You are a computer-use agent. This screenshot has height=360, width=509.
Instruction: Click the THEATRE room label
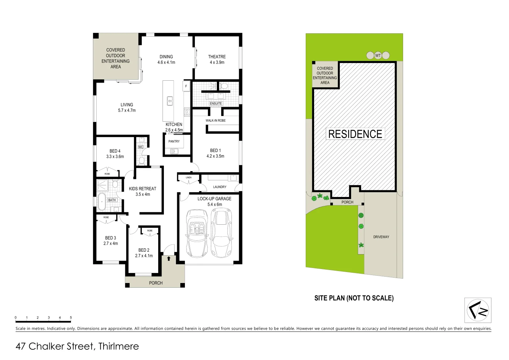tap(217, 57)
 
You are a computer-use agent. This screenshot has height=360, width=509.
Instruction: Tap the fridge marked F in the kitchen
tap(186, 86)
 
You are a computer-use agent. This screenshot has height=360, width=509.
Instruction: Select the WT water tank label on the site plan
tap(378, 56)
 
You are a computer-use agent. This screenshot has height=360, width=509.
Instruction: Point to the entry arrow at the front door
tap(169, 258)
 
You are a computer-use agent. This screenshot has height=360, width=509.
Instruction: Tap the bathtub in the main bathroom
tap(102, 202)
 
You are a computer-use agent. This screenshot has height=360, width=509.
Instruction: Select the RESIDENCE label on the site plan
tap(355, 134)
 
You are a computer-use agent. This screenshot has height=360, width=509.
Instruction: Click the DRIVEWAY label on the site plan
tap(381, 237)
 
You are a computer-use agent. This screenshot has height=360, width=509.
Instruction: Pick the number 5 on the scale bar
tap(71, 318)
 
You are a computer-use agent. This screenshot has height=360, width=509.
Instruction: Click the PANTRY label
tap(174, 141)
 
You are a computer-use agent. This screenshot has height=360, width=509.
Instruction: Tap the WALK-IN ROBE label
tap(216, 121)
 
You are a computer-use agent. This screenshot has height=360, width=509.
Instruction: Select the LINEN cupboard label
tap(189, 178)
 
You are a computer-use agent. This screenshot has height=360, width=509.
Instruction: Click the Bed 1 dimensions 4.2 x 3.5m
tap(215, 156)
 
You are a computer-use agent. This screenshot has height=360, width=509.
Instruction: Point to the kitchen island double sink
tap(170, 101)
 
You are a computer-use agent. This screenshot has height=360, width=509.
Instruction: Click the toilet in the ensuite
tap(224, 86)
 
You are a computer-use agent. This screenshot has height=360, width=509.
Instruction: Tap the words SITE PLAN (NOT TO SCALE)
tap(354, 298)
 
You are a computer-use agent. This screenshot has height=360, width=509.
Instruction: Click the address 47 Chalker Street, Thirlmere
tap(77, 346)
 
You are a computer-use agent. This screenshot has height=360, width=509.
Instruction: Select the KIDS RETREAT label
tap(143, 189)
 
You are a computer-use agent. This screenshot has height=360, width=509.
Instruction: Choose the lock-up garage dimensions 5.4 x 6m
tap(215, 204)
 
